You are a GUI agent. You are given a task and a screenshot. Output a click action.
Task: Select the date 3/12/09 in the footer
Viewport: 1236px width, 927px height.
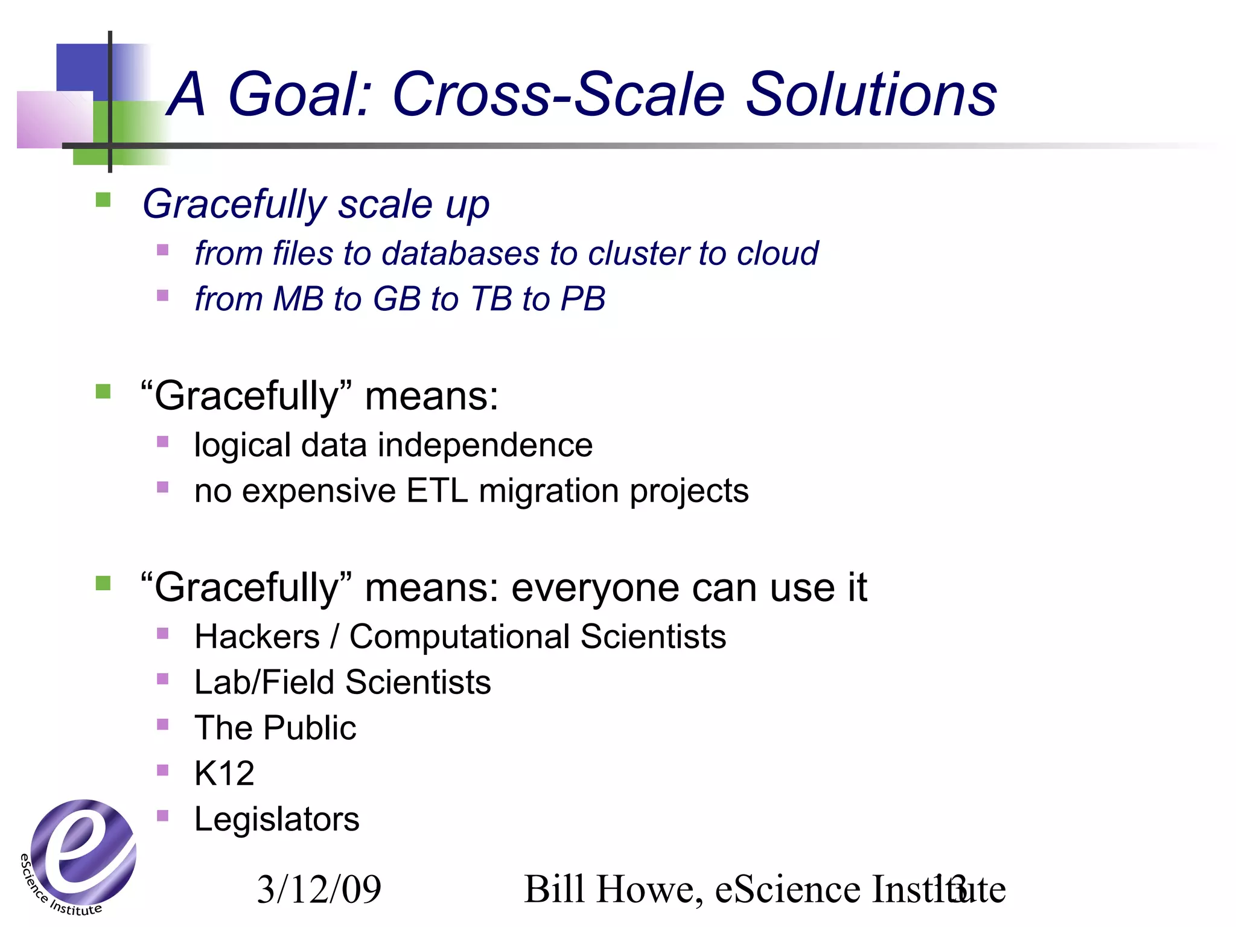319,889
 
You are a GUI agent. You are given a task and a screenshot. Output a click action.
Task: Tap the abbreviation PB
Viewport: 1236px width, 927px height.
582,299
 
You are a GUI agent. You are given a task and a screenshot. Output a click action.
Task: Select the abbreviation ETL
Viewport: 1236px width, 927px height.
437,490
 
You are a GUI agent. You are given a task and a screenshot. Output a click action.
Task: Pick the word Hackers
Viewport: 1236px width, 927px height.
257,637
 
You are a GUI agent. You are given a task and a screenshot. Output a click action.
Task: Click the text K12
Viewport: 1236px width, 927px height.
224,773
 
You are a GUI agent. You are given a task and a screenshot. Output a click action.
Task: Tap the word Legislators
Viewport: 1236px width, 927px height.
276,820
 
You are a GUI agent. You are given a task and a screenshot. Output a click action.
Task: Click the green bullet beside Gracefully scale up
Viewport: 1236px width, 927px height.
103,200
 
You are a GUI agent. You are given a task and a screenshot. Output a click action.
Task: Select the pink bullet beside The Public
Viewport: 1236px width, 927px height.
162,724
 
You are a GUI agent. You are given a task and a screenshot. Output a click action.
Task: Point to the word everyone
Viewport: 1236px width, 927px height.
594,587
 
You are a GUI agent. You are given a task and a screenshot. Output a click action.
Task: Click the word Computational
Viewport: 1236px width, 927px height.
459,637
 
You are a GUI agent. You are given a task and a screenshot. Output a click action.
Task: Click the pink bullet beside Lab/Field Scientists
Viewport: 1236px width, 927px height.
162,679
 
